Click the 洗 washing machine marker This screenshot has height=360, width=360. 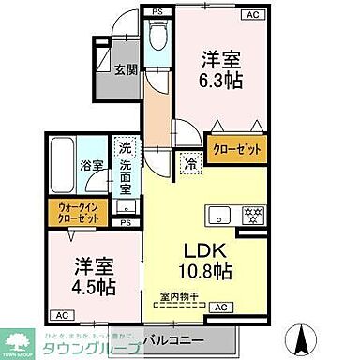click(124, 146)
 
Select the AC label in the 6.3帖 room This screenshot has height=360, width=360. click(251, 14)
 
